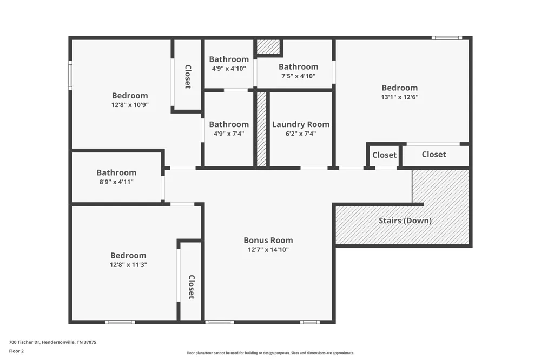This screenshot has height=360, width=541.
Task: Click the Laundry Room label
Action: pos(300,124)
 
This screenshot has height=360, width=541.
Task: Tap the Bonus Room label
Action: pos(268,240)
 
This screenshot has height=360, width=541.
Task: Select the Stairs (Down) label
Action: pos(405,221)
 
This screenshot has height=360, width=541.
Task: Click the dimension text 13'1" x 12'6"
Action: pos(400,97)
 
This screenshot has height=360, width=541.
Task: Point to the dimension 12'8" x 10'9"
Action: pos(130,104)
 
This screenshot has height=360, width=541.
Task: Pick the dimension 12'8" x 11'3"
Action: pos(128,264)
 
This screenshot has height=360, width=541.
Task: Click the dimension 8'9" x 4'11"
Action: pos(116,182)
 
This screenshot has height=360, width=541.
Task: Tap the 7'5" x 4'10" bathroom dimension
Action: pos(299,76)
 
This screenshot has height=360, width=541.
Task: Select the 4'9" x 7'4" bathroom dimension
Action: pos(229,134)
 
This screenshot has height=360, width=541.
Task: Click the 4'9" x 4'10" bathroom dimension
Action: pos(229,68)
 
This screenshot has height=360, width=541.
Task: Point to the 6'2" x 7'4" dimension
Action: pos(300,134)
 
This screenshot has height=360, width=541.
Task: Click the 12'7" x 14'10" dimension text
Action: pos(268,249)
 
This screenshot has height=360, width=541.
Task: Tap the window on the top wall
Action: pos(447,38)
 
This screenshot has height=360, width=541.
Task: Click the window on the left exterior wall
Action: pos(70,76)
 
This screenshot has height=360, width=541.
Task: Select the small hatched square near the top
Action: pos(268,46)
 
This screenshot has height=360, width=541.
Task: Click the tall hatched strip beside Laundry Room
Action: pos(261,129)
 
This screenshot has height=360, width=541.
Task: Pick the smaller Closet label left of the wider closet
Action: pos(384,155)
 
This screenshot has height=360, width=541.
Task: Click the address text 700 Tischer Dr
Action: pos(25,342)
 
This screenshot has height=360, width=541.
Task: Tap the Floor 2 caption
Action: pos(16,351)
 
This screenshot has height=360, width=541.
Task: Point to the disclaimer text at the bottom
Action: pos(270,353)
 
